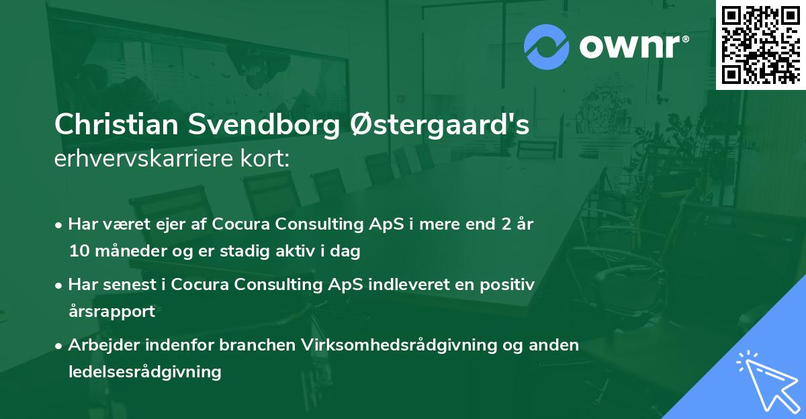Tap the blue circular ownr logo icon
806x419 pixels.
[546, 47]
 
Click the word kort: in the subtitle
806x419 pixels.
[267, 160]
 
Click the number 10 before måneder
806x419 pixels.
[78, 252]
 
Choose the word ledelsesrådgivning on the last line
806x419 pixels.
[144, 371]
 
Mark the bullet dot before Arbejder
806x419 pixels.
[60, 345]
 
